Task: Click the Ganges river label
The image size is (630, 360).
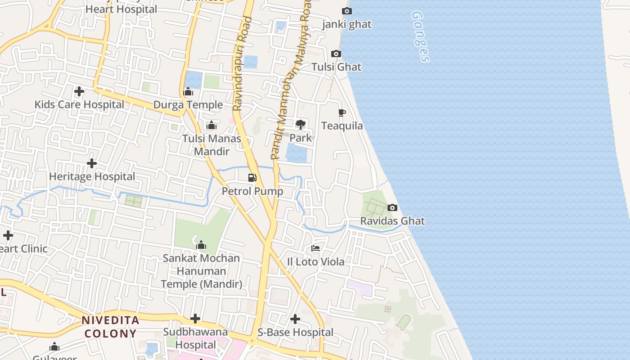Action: click(x=420, y=36)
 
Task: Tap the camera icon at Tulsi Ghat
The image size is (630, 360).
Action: click(x=336, y=54)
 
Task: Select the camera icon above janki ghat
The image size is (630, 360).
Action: click(x=346, y=11)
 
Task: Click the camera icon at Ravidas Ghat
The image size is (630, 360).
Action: click(x=392, y=207)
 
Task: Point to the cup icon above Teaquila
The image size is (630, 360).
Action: click(x=342, y=112)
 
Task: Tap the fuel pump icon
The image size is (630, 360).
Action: click(x=252, y=178)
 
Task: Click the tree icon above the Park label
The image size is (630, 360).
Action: click(x=301, y=124)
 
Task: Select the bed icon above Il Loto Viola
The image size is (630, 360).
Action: click(x=315, y=248)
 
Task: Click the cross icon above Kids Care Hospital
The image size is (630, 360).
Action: click(x=79, y=91)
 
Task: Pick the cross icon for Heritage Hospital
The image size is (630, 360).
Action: click(x=92, y=163)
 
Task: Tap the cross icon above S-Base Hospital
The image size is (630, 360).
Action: click(x=295, y=319)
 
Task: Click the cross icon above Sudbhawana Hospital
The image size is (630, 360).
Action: click(x=195, y=319)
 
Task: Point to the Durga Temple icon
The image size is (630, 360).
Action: click(x=188, y=92)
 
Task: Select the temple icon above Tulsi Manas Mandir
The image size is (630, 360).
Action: click(x=211, y=125)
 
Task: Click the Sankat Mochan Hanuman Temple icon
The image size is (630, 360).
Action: click(x=201, y=245)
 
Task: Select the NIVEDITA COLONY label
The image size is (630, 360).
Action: click(x=111, y=327)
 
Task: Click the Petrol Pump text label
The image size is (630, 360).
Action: click(x=252, y=191)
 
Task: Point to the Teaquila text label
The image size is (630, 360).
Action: click(x=342, y=126)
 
